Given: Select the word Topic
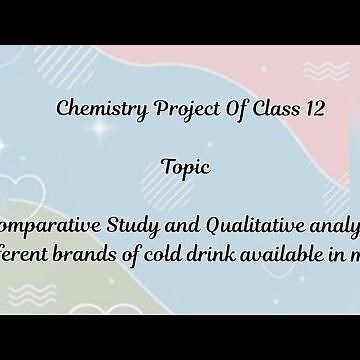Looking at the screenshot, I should (x=185, y=166).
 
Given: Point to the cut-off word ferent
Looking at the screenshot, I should (x=27, y=249).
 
